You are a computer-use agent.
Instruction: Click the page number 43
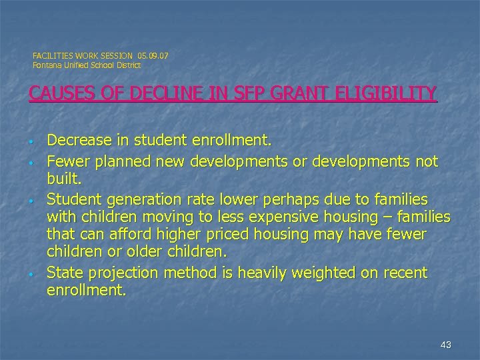(446, 344)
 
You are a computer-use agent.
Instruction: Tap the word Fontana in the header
(47, 65)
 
